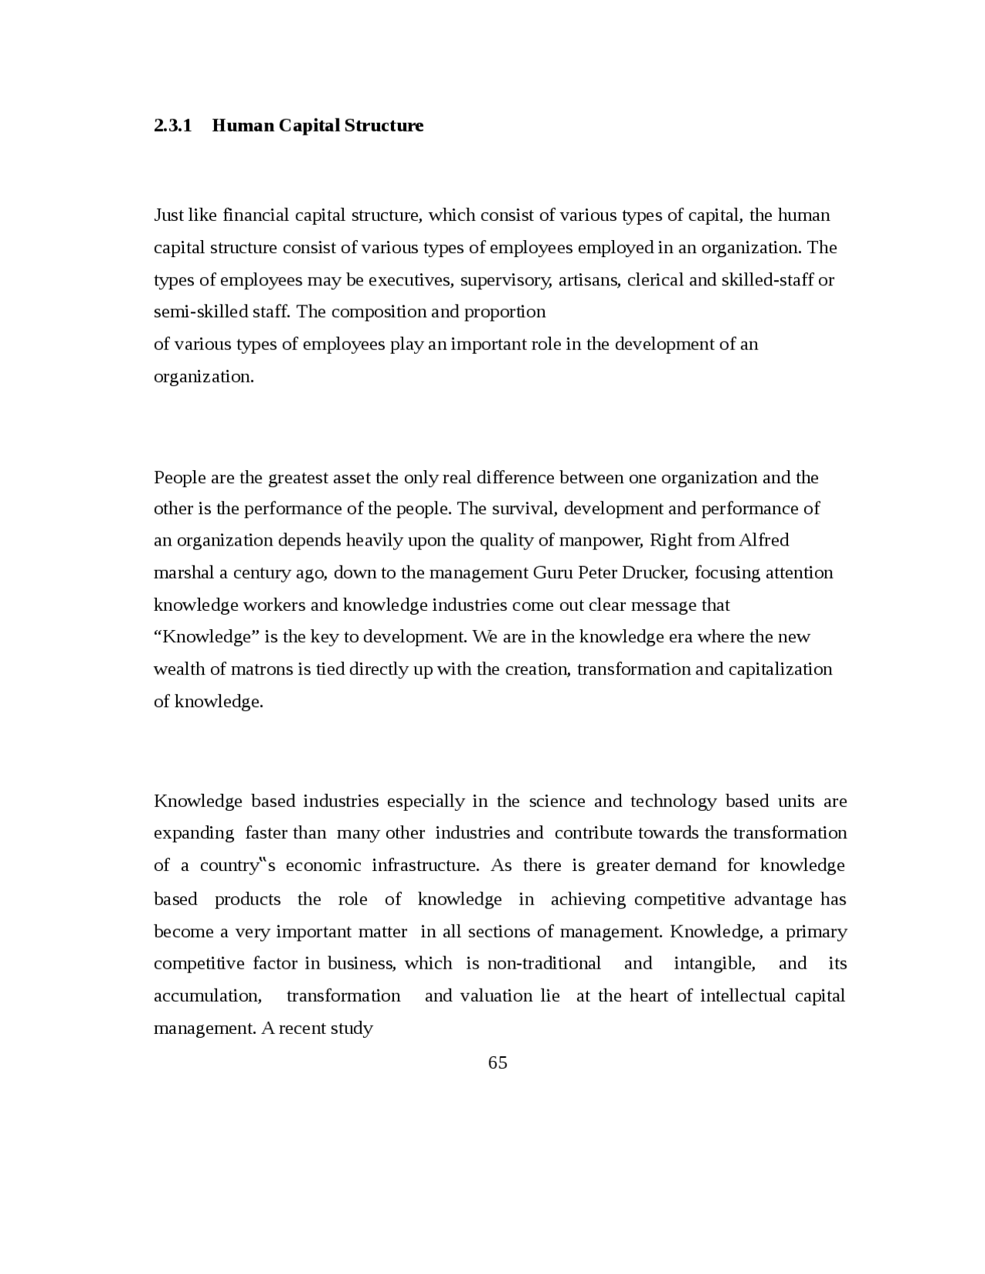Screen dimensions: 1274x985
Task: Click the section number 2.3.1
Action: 172,125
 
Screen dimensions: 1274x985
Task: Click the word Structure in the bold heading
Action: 383,125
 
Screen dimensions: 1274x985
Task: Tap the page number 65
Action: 497,1062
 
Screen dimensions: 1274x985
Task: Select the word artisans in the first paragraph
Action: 588,279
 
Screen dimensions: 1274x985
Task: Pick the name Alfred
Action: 763,540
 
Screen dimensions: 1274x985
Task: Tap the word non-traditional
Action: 544,963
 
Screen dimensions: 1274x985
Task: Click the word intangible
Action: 713,963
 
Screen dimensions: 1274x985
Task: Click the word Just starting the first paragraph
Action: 169,215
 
